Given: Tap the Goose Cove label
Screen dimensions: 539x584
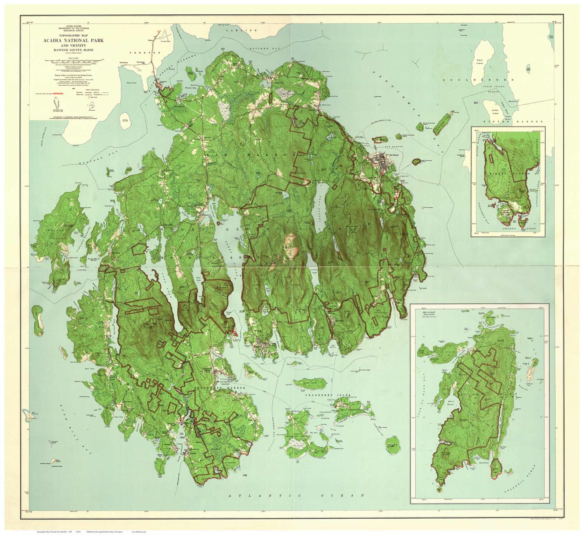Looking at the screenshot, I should tap(131, 84).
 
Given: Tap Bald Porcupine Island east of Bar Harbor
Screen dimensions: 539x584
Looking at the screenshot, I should tap(417, 161).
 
